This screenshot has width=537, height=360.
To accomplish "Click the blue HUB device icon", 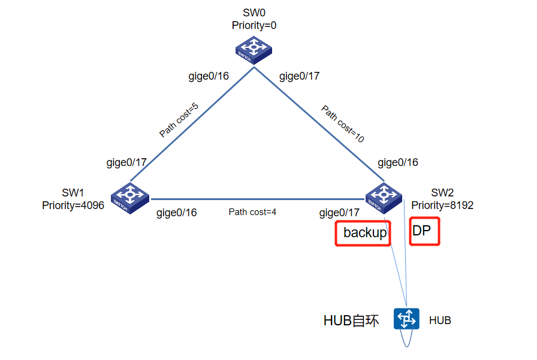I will tap(406, 319).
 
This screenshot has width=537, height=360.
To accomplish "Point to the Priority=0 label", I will tap(254, 25).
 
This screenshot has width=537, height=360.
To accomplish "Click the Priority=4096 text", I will tap(73, 205).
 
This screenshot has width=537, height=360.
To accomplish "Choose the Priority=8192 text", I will tap(442, 205).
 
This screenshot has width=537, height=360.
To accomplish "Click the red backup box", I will tap(363, 233).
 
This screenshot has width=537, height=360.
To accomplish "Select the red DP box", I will tap(425, 231).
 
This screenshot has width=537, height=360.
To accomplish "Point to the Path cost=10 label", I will tap(343, 124).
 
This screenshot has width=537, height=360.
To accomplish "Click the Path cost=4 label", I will tap(252, 212).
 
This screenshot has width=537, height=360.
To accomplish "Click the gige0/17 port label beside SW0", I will tap(300, 76).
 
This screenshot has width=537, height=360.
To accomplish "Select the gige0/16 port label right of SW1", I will tap(176, 212).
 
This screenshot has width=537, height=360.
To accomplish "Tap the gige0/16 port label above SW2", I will tap(398, 162).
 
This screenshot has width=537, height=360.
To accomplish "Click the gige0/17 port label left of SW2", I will tap(339, 212).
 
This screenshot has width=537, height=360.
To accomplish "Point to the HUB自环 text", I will tap(351, 321).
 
